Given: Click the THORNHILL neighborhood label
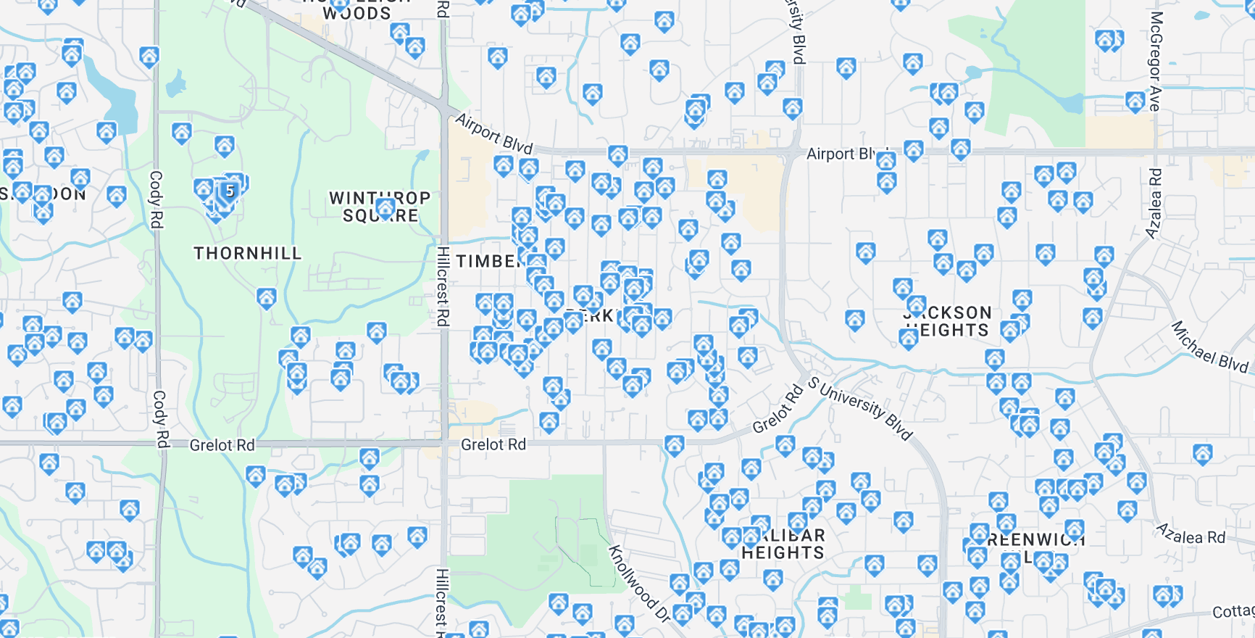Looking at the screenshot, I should coord(247,253).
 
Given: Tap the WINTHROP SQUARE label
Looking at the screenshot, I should coord(380,207).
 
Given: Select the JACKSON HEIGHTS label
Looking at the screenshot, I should coord(948,322).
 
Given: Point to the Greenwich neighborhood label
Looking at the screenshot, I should coord(1036,540).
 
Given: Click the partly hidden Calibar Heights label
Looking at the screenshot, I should coord(783,544).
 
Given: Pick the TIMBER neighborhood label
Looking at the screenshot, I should coord(488,261).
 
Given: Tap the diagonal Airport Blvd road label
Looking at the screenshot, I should coord(494,133).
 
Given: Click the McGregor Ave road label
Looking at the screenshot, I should coord(1155,61).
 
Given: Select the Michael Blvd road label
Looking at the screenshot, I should coord(1209,347).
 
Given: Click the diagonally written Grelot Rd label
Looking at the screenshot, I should coord(777,410).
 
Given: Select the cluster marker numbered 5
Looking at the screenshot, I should coord(229,191).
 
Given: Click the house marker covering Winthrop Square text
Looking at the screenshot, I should coord(385,209).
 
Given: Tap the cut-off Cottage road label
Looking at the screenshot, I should coord(1233,612).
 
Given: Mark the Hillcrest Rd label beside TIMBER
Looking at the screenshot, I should coord(443,286).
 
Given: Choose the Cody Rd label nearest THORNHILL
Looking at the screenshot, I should coord(156,199).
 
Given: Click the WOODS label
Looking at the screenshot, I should coord(357,13).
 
